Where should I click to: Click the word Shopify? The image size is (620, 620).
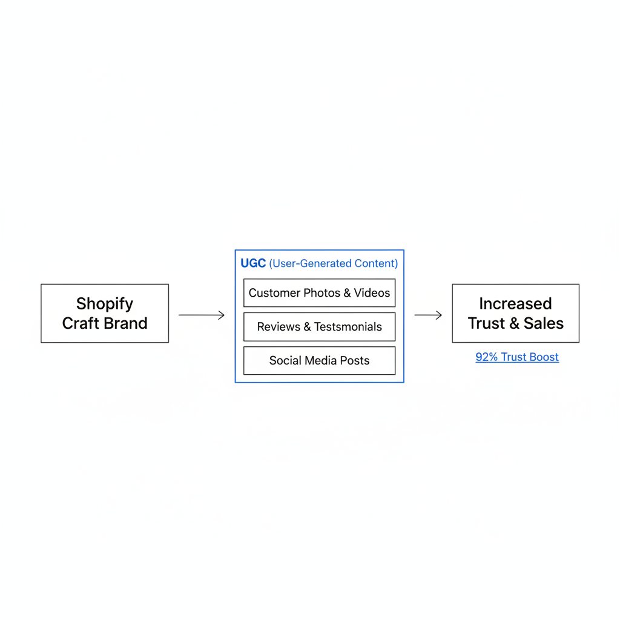click(x=105, y=304)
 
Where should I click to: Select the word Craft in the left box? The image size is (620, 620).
click(x=81, y=323)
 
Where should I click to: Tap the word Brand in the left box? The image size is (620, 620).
click(x=125, y=323)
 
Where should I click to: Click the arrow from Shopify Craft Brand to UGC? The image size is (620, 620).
click(x=202, y=315)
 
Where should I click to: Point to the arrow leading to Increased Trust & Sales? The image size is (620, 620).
click(x=428, y=315)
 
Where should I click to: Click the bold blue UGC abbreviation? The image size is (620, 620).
click(x=253, y=263)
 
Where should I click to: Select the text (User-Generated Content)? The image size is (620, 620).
click(x=334, y=263)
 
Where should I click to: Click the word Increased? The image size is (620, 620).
click(x=516, y=304)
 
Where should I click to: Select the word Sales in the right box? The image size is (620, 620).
click(x=544, y=323)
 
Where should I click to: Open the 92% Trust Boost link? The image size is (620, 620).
click(x=517, y=357)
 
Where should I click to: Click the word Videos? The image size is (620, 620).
click(x=372, y=293)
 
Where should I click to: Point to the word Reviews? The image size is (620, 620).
click(x=279, y=327)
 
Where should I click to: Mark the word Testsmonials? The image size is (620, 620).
click(x=348, y=327)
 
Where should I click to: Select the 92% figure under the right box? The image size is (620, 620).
click(x=486, y=357)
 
